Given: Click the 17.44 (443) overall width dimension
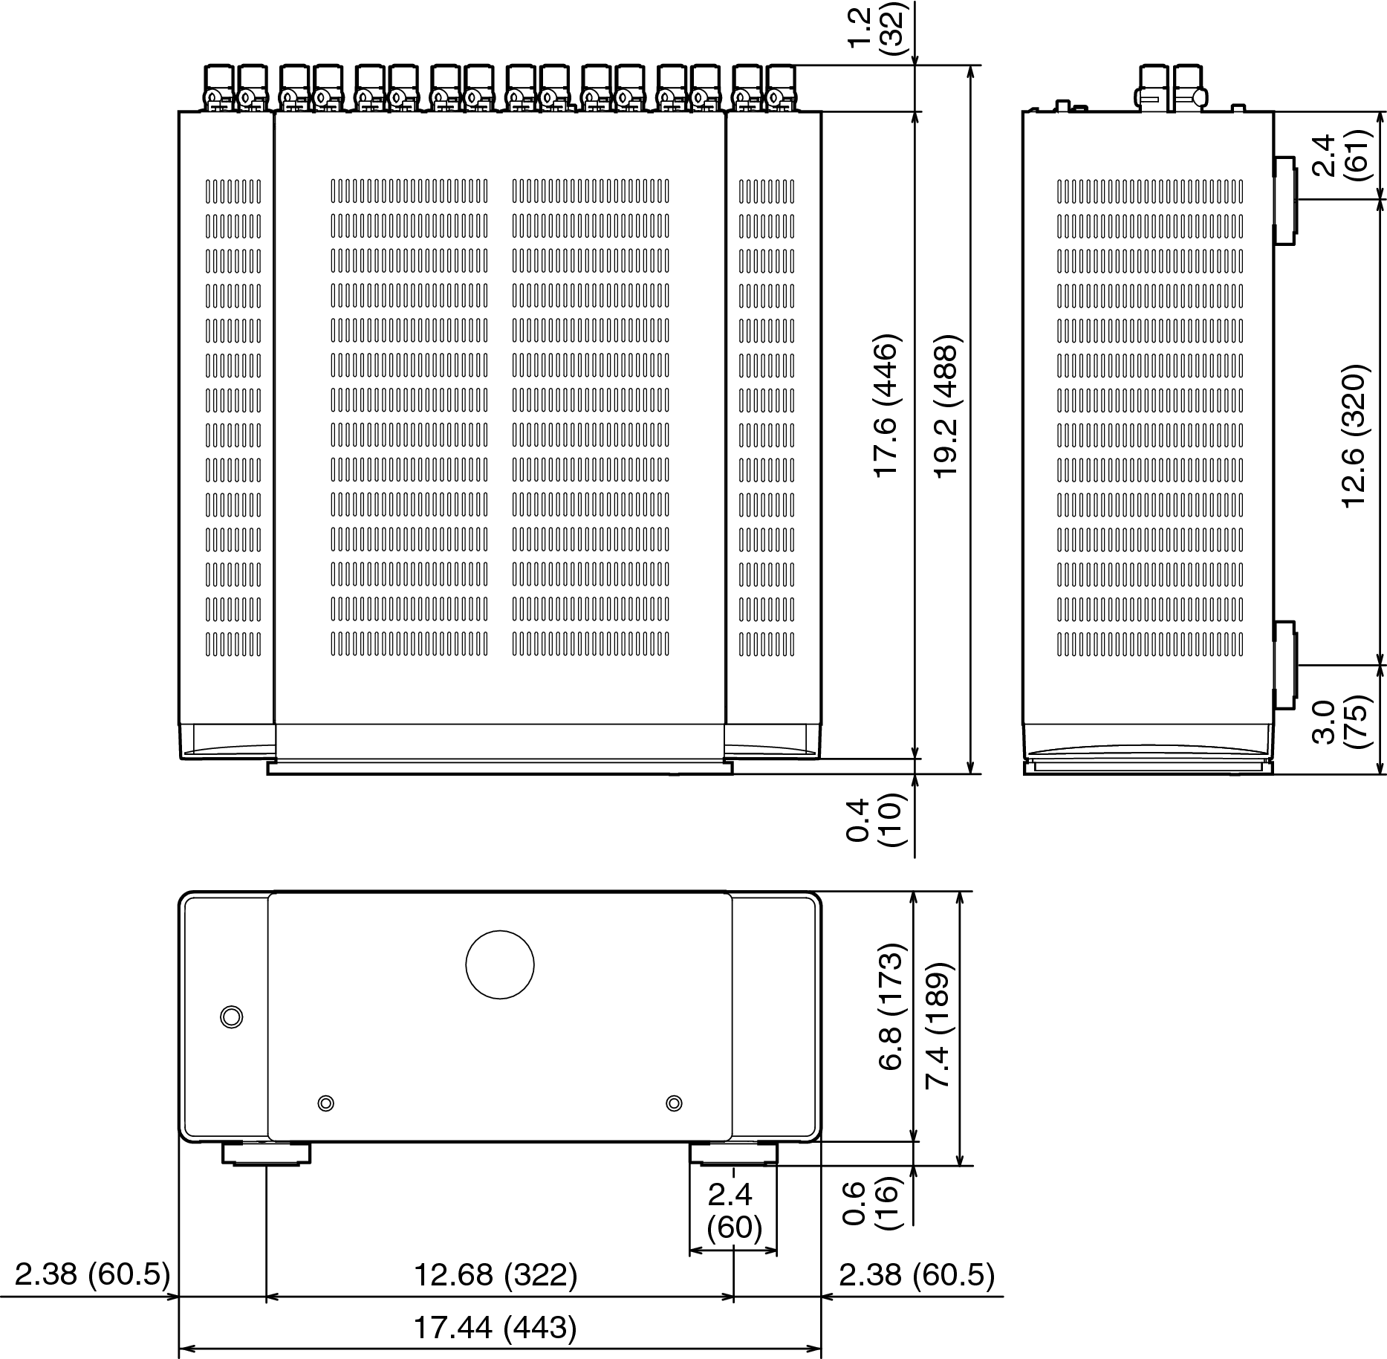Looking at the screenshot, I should (x=495, y=1328).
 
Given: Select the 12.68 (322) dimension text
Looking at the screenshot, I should (x=496, y=1275).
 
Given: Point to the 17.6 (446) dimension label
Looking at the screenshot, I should (x=888, y=406).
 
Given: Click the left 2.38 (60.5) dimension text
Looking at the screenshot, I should (x=92, y=1275).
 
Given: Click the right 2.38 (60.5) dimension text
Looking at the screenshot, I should (x=916, y=1275).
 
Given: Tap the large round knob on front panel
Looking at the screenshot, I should (x=500, y=964).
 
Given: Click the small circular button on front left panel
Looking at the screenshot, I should (x=232, y=1017).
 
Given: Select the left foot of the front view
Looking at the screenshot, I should (x=266, y=1152).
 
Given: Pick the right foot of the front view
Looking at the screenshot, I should (x=734, y=1152).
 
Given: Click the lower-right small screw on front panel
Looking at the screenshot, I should (x=674, y=1103).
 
